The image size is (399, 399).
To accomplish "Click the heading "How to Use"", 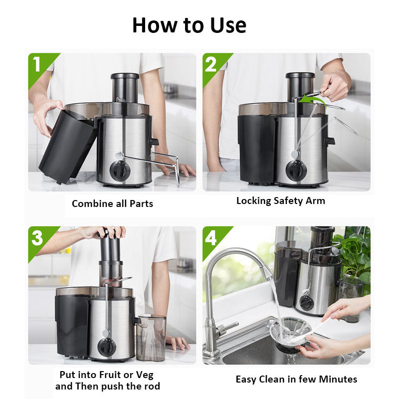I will (189, 25).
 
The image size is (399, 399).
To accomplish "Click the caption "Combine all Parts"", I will (112, 203).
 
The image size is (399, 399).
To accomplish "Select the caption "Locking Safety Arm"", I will (280, 201).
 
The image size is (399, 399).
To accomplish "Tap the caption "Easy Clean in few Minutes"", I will (296, 380).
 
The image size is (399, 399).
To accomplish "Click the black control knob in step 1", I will (120, 171).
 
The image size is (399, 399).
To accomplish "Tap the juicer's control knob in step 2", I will (296, 171).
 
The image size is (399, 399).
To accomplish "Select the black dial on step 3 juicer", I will (107, 347).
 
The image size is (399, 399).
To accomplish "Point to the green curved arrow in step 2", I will (312, 101).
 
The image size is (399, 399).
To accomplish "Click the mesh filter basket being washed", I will (289, 332).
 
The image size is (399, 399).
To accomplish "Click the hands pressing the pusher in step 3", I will (108, 232).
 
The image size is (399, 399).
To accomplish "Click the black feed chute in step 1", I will (124, 87).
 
